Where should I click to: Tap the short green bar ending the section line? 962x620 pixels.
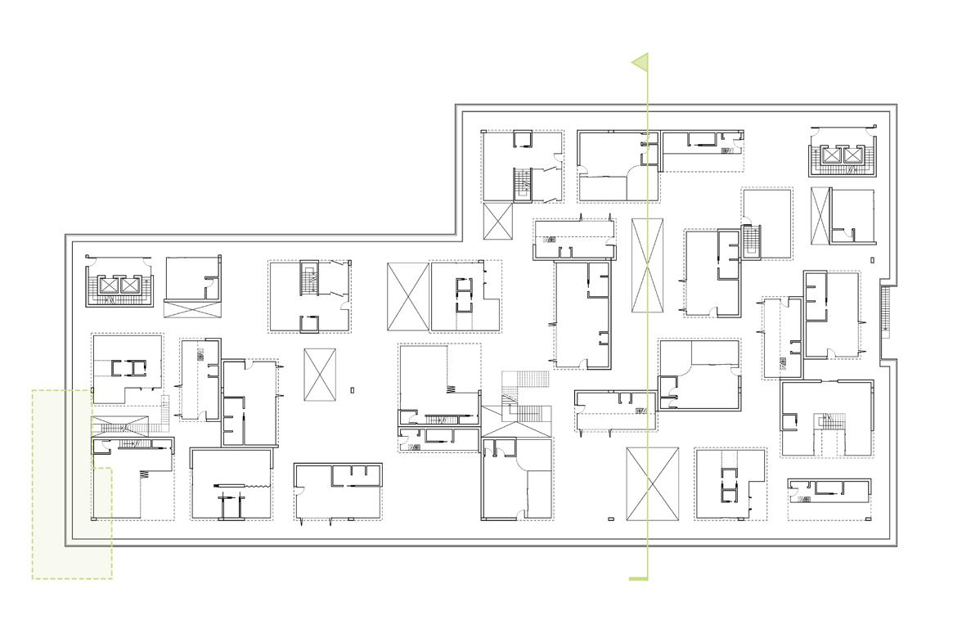click(638, 578)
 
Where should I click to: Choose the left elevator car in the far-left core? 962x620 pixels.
click(109, 285)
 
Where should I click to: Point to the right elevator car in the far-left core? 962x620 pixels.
click(129, 285)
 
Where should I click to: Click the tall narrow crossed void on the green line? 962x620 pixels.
click(648, 265)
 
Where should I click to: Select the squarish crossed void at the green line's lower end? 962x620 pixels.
click(652, 483)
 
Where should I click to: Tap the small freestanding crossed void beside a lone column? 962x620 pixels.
click(320, 375)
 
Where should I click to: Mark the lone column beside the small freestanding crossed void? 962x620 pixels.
click(353, 389)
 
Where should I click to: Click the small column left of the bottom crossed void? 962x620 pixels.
click(611, 519)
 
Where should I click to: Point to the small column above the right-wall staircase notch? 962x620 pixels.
click(872, 259)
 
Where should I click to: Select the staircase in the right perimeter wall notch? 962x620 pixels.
click(884, 310)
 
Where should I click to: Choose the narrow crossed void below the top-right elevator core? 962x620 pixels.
click(820, 215)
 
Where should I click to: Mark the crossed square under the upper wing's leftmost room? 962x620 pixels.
click(499, 221)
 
